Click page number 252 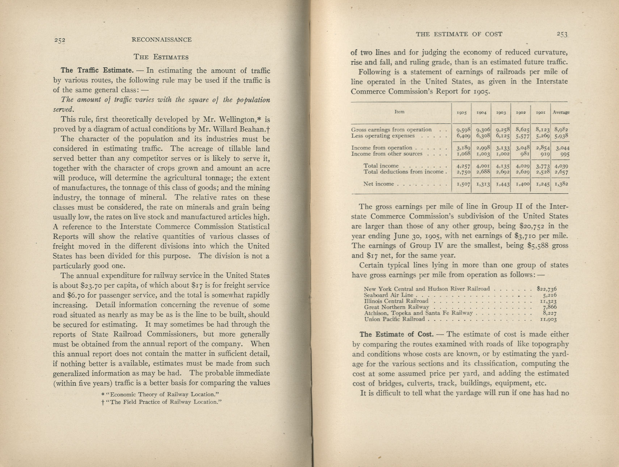[59, 40]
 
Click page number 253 [562, 34]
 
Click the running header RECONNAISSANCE [161, 40]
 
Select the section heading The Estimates [161, 57]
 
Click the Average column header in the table [561, 112]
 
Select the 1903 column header [501, 113]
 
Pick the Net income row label [378, 184]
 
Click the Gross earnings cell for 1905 [463, 130]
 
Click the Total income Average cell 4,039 [561, 166]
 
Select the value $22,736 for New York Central [546, 289]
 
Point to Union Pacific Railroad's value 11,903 [548, 319]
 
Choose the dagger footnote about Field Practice [162, 402]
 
